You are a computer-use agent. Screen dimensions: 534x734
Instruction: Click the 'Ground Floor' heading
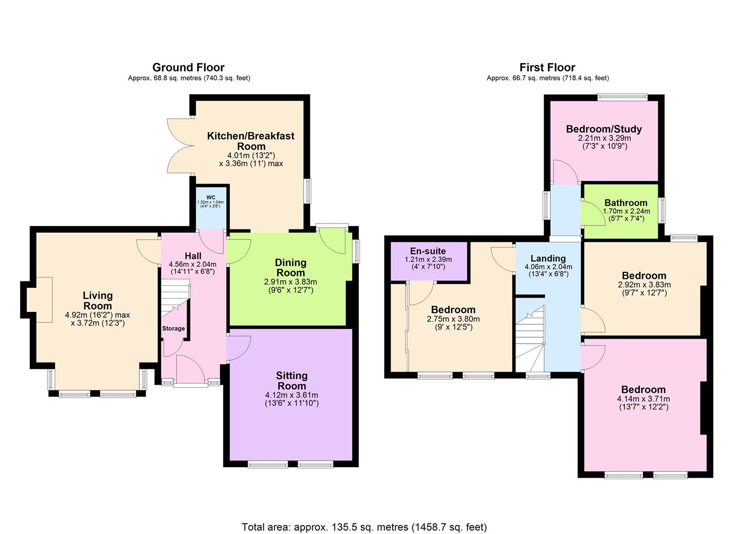[x=188, y=67]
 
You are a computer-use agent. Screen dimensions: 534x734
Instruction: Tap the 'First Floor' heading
[x=547, y=67]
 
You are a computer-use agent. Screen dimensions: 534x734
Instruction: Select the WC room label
[x=211, y=197]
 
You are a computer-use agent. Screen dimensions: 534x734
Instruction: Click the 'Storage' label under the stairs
[x=173, y=328]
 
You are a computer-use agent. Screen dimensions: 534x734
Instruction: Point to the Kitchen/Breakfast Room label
[x=251, y=141]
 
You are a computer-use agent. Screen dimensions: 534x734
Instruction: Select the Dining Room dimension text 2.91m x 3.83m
[x=291, y=282]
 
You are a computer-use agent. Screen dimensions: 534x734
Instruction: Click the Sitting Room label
[x=292, y=381]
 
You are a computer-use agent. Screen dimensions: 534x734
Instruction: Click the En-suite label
[x=428, y=251]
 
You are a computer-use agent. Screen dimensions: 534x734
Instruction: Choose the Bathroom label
[x=626, y=203]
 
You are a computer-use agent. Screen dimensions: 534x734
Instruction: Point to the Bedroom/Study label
[x=604, y=129]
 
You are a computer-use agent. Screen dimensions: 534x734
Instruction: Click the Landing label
[x=548, y=258]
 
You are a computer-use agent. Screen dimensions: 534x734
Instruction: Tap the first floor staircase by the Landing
[x=530, y=339]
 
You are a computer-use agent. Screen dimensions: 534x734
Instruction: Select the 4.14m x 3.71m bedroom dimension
[x=644, y=399]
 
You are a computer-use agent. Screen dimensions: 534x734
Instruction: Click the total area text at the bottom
[x=364, y=527]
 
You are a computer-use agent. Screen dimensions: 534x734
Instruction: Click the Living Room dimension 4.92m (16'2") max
[x=97, y=314]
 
